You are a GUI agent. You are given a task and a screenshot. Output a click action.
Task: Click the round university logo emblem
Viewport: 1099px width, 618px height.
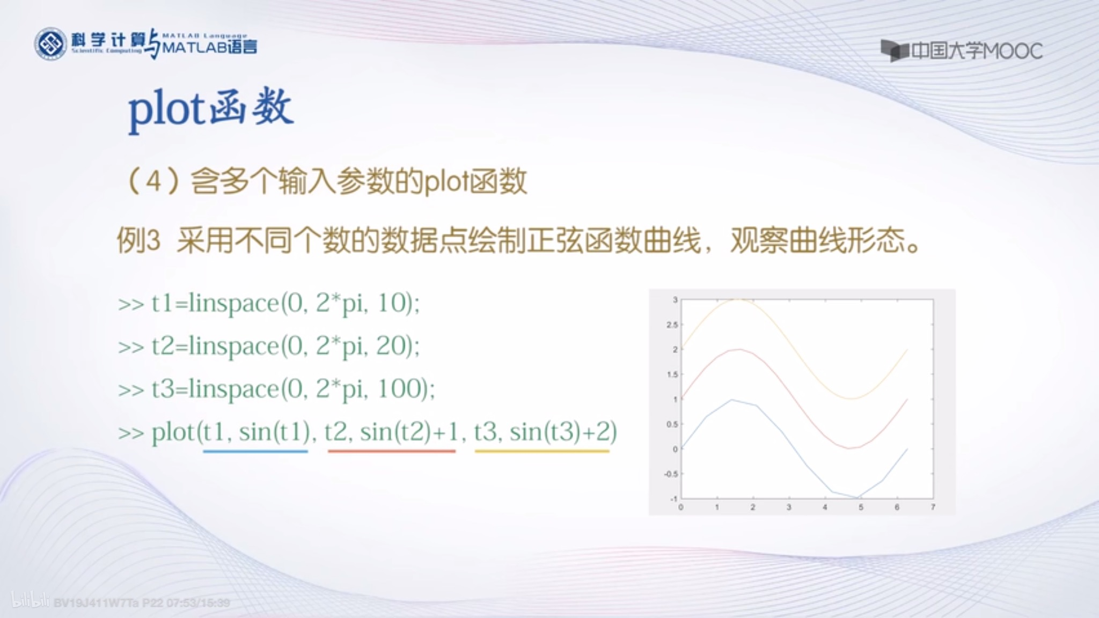(50, 43)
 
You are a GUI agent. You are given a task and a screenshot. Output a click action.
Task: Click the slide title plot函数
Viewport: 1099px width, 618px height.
(211, 109)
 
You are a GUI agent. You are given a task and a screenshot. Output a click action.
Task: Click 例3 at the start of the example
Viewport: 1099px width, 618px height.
(138, 240)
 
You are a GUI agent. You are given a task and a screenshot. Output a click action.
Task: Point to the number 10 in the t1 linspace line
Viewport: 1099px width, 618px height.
(391, 303)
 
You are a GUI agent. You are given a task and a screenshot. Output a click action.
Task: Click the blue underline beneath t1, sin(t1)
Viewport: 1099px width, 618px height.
(255, 451)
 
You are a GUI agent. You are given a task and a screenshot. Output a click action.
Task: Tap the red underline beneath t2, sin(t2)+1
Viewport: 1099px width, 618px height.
(392, 451)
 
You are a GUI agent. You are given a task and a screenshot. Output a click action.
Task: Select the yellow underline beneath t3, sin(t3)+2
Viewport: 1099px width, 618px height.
(542, 451)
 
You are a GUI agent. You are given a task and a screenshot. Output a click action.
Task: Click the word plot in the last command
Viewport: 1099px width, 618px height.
(173, 432)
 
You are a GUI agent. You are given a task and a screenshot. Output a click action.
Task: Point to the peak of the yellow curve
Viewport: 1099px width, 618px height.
(738, 300)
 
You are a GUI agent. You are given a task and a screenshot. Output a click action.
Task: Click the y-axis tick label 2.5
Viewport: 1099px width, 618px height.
(672, 325)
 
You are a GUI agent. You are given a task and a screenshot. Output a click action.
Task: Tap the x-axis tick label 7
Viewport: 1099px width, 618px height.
(933, 507)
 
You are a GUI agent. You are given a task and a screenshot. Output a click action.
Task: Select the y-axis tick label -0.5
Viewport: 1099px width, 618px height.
(671, 474)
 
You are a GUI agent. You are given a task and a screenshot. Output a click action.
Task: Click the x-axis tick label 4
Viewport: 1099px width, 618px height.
(825, 507)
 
